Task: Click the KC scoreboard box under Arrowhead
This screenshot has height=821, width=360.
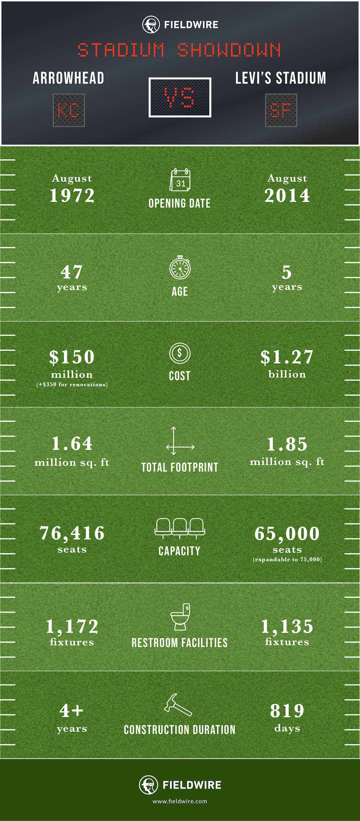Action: (x=69, y=110)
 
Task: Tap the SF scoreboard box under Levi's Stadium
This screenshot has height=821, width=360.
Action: (x=281, y=110)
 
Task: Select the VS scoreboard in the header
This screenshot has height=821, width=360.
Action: (x=180, y=97)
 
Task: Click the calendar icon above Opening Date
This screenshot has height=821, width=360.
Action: (x=180, y=180)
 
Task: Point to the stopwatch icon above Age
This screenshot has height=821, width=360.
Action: (x=180, y=268)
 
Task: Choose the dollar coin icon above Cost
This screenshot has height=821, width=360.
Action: (x=180, y=353)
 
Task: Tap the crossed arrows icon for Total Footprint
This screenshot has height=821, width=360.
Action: (x=180, y=441)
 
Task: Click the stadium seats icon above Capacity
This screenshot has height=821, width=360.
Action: (x=180, y=528)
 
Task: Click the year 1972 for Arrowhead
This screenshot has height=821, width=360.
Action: (x=72, y=196)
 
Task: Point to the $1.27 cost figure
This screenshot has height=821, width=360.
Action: (x=287, y=357)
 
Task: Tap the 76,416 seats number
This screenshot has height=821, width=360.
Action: (x=72, y=533)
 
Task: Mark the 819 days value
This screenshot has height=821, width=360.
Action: (x=287, y=711)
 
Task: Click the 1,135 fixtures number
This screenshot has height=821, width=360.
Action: (x=287, y=626)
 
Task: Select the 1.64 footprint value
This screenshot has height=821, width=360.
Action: (x=72, y=444)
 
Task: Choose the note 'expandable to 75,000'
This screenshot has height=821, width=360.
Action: (x=287, y=559)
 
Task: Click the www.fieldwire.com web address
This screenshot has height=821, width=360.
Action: (x=180, y=801)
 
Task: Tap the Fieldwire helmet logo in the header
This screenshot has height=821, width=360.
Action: (x=151, y=25)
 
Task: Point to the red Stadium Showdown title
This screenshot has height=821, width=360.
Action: (x=180, y=50)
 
